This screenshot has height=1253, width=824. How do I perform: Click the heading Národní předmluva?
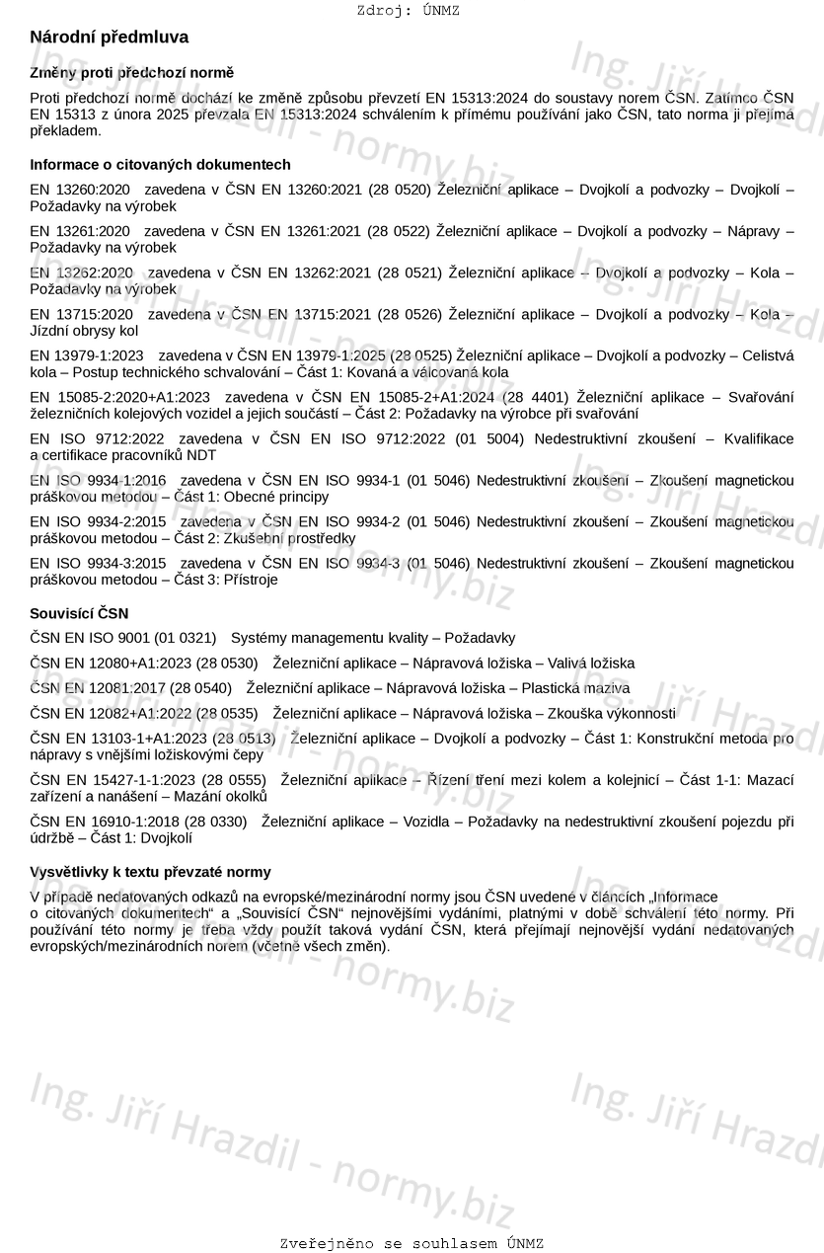[x=109, y=38]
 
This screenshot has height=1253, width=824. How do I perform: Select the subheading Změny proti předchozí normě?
[x=132, y=73]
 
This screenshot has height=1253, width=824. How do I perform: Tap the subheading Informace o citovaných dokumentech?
[x=160, y=165]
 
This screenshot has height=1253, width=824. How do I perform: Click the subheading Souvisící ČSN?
[x=79, y=614]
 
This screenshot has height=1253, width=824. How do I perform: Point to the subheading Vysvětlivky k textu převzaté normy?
[x=150, y=873]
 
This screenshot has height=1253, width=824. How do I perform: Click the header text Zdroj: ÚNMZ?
[x=408, y=11]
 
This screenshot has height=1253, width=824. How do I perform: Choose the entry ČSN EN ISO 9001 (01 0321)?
[x=123, y=639]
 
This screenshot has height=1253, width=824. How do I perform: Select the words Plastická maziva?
[x=575, y=688]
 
